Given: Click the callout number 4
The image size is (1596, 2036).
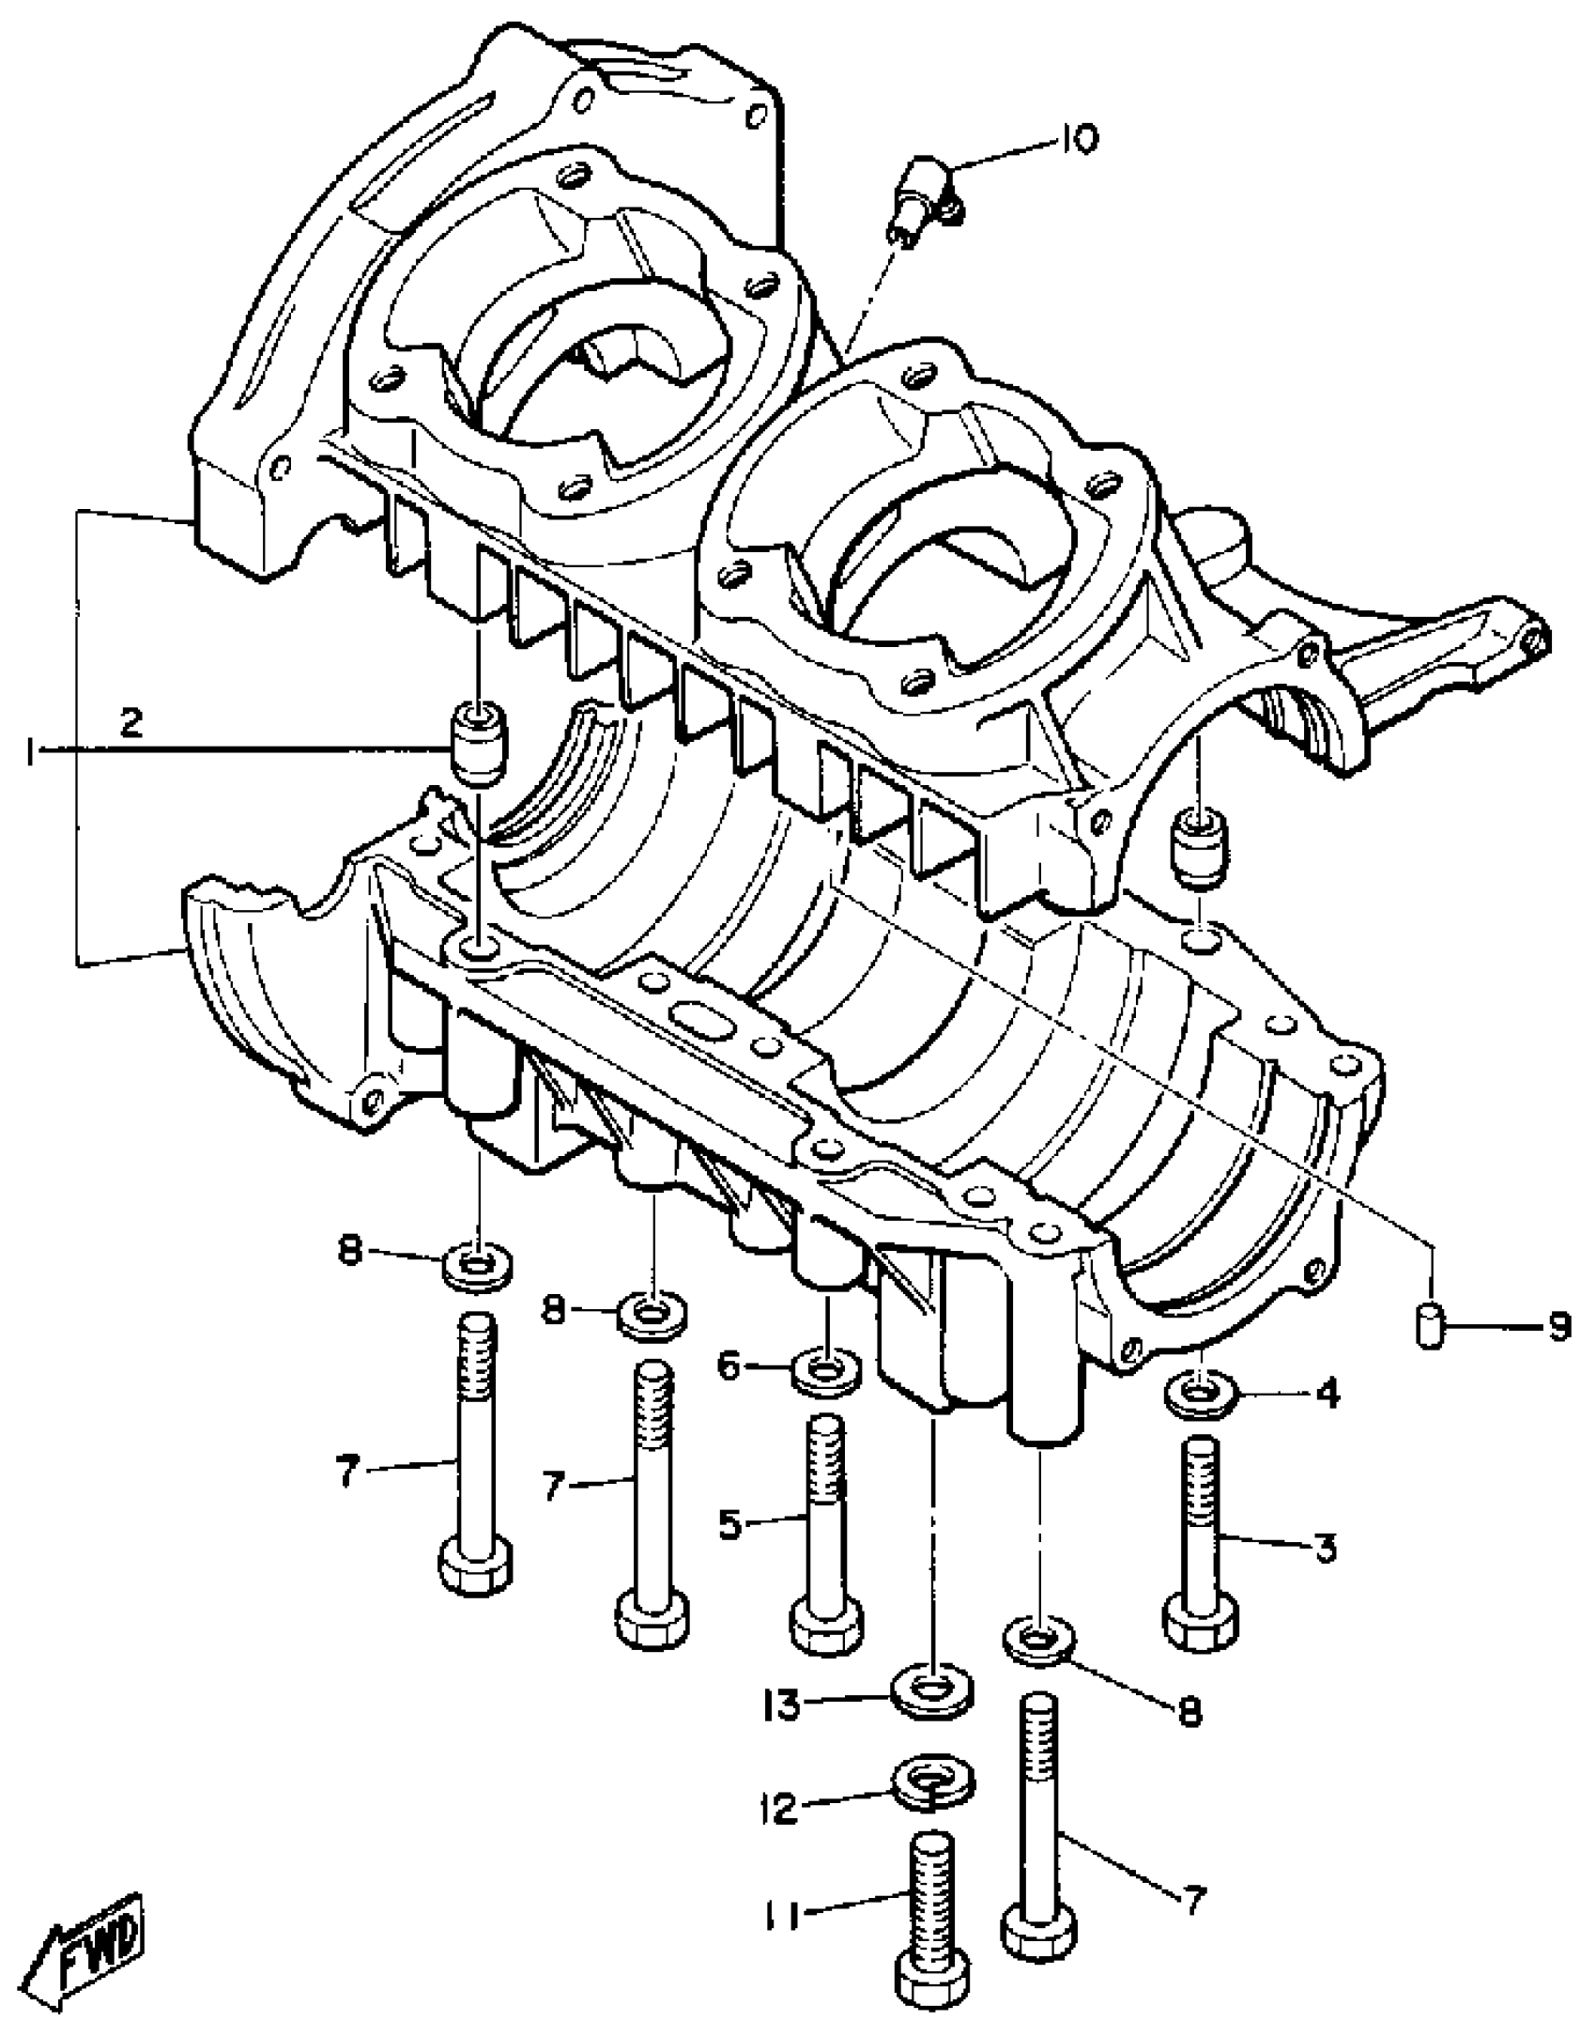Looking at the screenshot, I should pos(1327,1396).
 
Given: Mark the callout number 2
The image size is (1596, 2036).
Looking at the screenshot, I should pos(131,722).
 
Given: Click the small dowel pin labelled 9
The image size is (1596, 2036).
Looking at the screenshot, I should pos(1430,1326).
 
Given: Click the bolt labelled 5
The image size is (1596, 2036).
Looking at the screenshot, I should pos(826,1531).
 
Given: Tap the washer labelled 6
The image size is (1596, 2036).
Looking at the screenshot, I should pos(826,1371).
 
